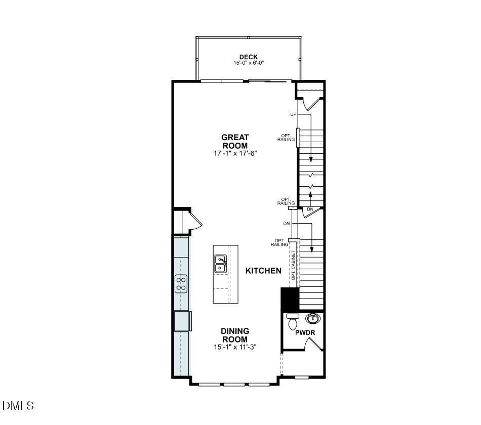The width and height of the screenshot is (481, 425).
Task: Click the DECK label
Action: [x=249, y=57]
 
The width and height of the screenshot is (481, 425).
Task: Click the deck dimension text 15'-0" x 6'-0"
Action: [x=249, y=63]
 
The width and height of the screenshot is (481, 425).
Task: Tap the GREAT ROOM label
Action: [x=235, y=141]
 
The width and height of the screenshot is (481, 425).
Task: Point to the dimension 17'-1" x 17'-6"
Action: [x=235, y=153]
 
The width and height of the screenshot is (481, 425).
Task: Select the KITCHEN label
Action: [x=263, y=271]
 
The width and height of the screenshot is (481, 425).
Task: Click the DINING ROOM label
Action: [x=235, y=335]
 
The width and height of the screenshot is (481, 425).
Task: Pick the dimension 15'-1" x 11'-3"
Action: [x=235, y=347]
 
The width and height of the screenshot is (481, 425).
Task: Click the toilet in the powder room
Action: [x=293, y=322]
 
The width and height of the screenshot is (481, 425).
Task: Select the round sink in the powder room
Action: [x=313, y=319]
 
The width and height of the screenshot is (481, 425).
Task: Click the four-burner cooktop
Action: [x=181, y=283]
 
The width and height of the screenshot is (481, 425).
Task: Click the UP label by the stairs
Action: [x=293, y=114]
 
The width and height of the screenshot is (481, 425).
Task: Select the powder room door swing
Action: [x=314, y=345]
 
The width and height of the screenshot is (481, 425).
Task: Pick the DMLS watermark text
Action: [x=18, y=406]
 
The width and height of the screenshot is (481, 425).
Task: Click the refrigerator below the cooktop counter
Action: [x=182, y=321]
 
